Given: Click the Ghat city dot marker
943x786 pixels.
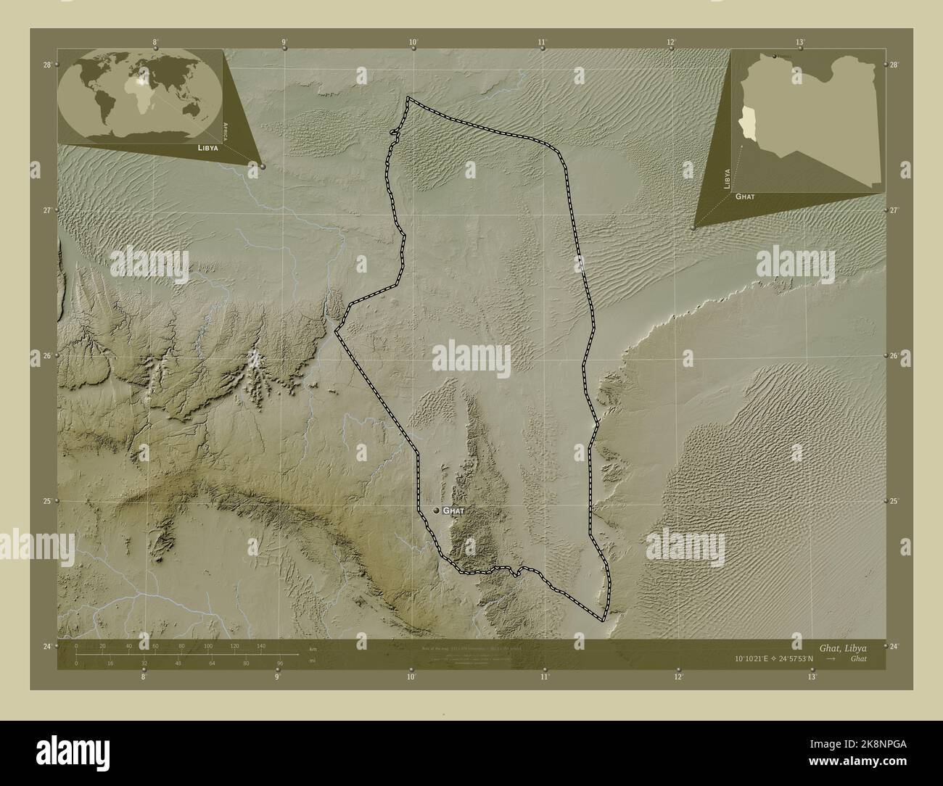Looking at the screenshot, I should (x=437, y=510).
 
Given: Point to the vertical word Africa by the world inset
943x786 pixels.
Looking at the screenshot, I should (x=227, y=131).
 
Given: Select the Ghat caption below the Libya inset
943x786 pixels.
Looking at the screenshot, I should (x=746, y=196).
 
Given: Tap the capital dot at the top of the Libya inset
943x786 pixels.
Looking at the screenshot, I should (x=775, y=56).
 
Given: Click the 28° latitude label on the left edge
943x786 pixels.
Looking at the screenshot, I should (x=46, y=65).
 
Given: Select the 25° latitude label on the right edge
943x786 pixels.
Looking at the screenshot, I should (x=894, y=501).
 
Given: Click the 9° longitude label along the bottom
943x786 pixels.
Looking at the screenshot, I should (x=277, y=677).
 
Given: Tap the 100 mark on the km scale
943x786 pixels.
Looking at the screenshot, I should (x=208, y=645).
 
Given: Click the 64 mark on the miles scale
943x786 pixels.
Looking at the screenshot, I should (x=213, y=663).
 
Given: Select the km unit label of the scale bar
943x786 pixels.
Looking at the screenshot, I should (x=313, y=648).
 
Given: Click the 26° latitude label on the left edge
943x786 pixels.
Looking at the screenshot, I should (x=46, y=356).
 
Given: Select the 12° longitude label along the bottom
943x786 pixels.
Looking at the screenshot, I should (x=678, y=677).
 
